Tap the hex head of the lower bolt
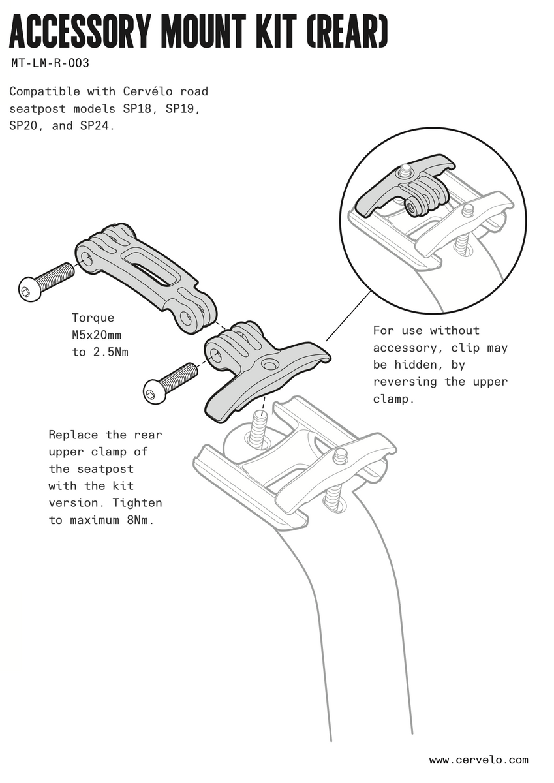[151, 393]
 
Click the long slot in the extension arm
[149, 264]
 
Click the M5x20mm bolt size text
[97, 335]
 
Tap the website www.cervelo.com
[478, 760]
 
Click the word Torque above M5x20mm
[93, 318]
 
